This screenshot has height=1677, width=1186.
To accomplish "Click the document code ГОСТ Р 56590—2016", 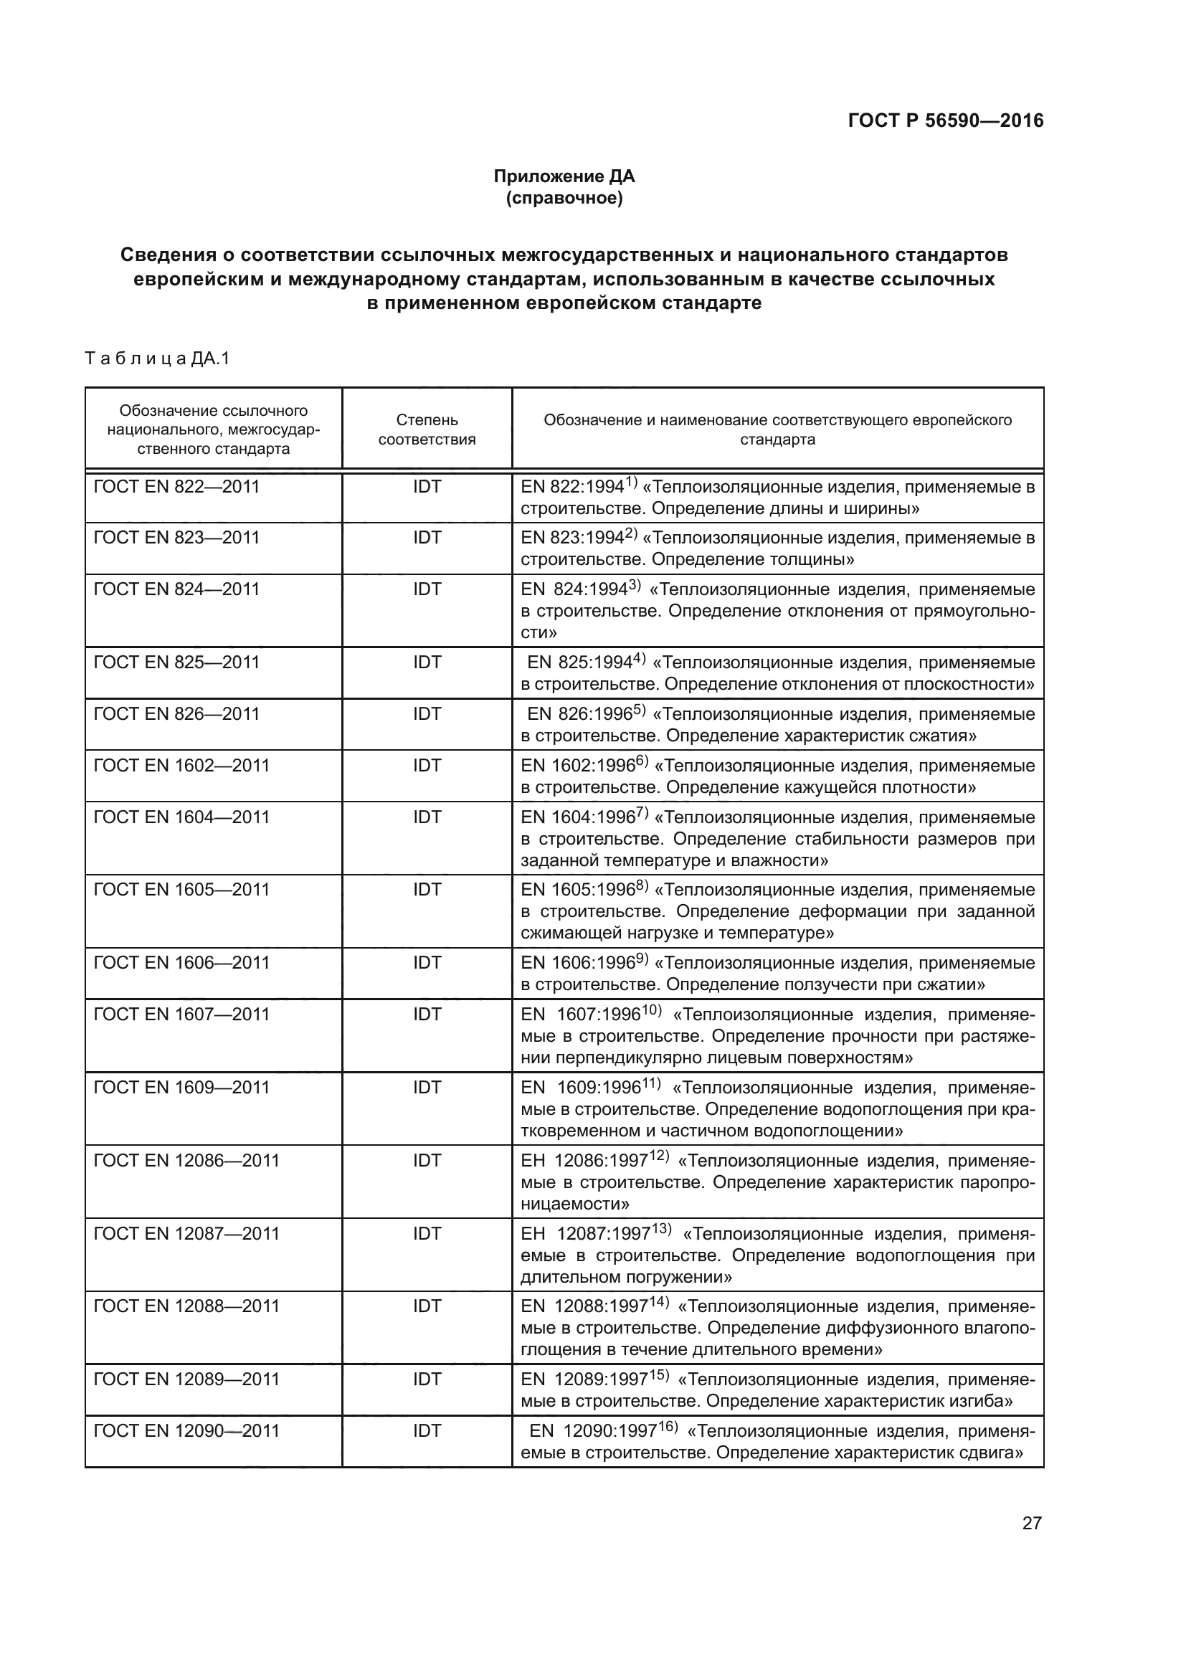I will (x=946, y=120).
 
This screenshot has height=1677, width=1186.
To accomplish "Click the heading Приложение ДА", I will (x=564, y=176).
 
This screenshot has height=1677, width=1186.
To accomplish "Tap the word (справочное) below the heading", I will (x=564, y=198).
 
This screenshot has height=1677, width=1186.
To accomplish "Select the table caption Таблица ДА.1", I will (x=157, y=358).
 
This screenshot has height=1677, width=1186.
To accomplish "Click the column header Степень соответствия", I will (x=427, y=429).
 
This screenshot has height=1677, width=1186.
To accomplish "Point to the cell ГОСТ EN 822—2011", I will (x=176, y=486).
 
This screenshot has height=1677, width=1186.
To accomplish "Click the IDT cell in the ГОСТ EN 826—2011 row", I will (x=427, y=713).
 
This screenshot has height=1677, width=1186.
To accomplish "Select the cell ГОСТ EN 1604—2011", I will (x=181, y=817).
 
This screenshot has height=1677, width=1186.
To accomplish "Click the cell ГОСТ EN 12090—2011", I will (x=186, y=1430).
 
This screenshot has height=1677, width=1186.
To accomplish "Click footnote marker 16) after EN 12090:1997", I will (x=668, y=1427).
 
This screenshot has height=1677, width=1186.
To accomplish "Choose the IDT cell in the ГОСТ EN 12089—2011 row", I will (x=427, y=1379).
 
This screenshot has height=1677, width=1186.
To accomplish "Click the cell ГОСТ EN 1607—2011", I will (x=181, y=1014).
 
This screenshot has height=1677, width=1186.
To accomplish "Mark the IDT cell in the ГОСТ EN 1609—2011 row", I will (x=427, y=1087).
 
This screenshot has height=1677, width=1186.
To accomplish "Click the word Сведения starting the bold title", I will (x=168, y=255).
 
